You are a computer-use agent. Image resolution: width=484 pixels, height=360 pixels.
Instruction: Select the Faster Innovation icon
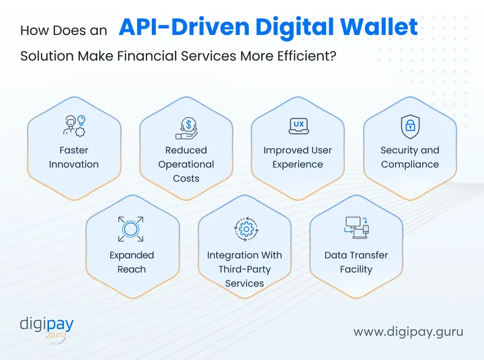point(74,126)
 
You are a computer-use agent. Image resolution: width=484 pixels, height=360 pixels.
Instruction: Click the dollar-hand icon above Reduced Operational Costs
point(186,126)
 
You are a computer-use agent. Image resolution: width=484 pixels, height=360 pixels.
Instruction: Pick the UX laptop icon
point(298,126)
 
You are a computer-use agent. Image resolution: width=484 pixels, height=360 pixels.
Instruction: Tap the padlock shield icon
point(409,126)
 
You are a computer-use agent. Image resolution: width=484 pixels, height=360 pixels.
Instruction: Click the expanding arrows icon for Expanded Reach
point(132,229)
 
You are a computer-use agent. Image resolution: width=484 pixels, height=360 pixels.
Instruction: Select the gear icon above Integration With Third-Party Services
point(245,229)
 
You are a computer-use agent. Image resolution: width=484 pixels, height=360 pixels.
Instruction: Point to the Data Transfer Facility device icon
point(356,227)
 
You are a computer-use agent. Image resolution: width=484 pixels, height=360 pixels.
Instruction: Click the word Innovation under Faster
point(74,164)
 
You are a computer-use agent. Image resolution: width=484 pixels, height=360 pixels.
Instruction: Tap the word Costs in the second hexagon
point(186,178)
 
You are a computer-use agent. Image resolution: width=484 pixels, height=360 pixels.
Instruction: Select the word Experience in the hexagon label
point(298,164)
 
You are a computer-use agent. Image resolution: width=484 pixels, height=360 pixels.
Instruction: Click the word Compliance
point(409,164)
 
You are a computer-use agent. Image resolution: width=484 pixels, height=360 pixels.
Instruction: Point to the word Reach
point(132,269)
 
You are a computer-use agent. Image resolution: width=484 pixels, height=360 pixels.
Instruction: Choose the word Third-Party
point(245,269)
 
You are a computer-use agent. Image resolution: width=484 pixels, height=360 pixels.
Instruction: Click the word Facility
point(356,269)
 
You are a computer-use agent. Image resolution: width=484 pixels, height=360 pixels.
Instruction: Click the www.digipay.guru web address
point(408,332)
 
